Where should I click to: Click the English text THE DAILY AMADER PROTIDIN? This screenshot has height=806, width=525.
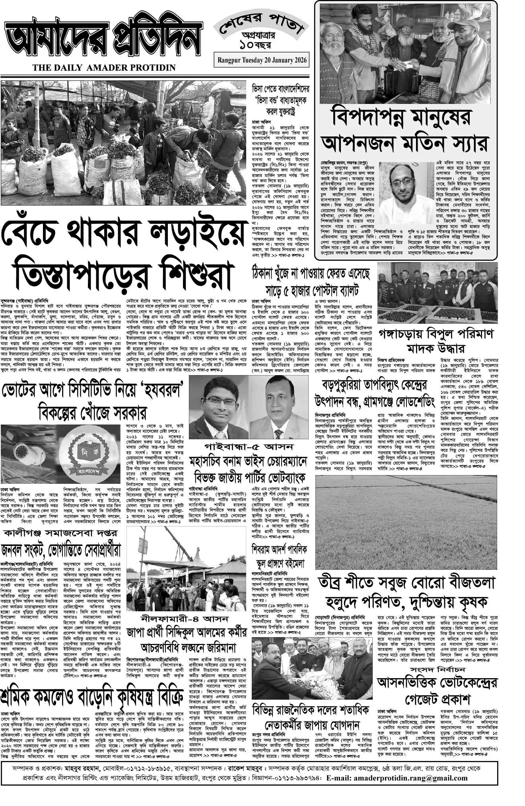coord(104,68)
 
